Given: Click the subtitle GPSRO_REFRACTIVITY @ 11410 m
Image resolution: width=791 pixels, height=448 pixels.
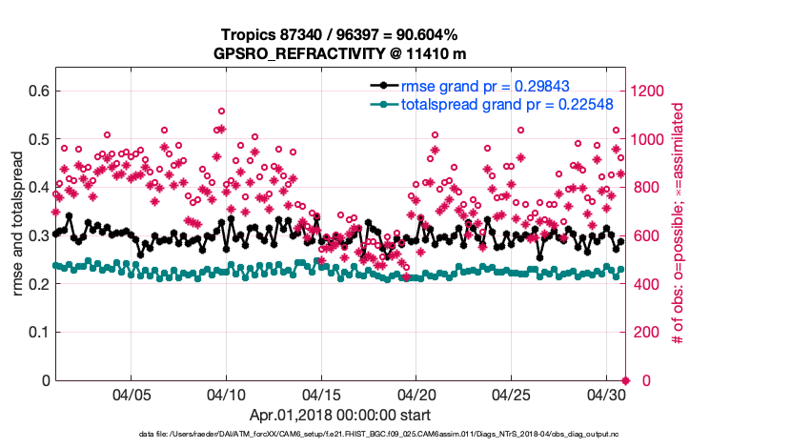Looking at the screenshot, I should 339,53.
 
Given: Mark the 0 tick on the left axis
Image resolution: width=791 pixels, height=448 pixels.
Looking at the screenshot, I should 45,380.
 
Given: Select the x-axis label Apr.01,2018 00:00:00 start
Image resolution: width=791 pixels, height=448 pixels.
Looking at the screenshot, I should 339,415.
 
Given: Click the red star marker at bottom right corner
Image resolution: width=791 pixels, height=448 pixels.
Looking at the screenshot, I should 624,380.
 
